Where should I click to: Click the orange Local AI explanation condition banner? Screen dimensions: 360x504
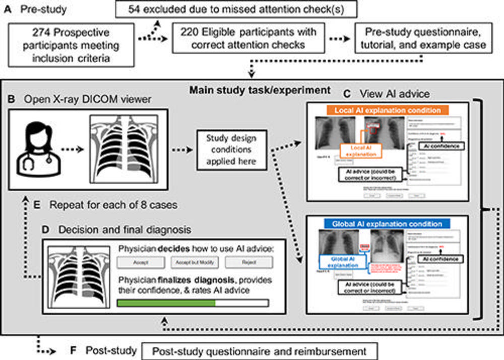[387, 110]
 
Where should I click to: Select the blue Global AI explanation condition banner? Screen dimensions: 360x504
[387, 223]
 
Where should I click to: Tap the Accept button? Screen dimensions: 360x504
[140, 262]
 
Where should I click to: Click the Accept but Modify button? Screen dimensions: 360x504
[194, 262]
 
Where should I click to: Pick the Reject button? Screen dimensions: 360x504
[248, 262]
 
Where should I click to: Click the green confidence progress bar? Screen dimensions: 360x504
[166, 303]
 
